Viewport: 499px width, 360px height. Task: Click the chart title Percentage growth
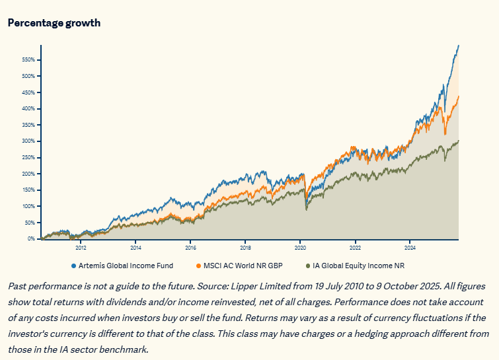(x=54, y=22)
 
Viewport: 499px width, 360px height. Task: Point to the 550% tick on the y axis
(x=28, y=59)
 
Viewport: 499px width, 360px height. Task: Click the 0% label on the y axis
(x=30, y=238)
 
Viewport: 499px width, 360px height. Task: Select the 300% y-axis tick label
(x=28, y=141)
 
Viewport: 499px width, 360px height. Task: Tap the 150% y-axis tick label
(x=28, y=190)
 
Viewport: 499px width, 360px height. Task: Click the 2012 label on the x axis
(x=81, y=248)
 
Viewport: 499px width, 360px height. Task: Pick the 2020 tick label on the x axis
(x=299, y=248)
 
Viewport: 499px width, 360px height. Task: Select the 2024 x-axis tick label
(x=409, y=248)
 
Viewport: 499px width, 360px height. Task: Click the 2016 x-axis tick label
(x=190, y=248)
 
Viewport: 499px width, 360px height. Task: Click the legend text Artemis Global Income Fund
(x=126, y=266)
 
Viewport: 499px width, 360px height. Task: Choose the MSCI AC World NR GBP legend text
(x=243, y=266)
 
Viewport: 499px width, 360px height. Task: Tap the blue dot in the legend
(x=73, y=266)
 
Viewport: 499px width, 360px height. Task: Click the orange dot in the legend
(x=198, y=266)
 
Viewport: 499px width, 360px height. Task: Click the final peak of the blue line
(x=459, y=46)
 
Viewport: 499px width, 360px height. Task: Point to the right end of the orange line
(x=459, y=96)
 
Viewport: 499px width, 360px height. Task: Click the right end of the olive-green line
(x=459, y=141)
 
